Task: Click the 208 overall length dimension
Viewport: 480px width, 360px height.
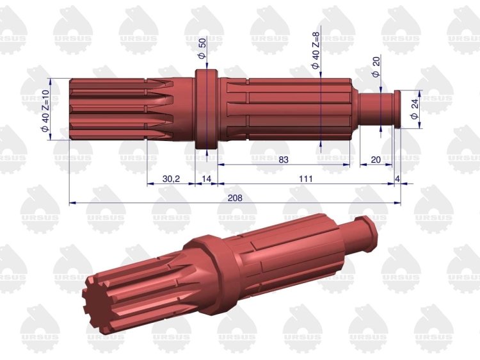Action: click(x=235, y=198)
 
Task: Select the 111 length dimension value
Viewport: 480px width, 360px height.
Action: click(x=305, y=179)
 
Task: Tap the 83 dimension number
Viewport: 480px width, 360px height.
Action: click(x=284, y=160)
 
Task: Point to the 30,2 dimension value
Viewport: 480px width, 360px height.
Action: click(x=171, y=179)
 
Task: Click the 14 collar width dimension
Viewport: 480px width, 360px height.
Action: click(x=207, y=179)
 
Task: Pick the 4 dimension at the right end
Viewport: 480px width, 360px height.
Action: click(x=397, y=179)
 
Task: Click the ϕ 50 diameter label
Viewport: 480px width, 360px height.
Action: click(x=202, y=47)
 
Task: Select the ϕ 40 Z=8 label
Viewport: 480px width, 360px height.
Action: click(x=316, y=51)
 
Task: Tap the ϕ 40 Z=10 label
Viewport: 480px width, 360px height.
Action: click(x=45, y=111)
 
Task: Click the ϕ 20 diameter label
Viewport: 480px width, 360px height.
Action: click(x=376, y=66)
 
